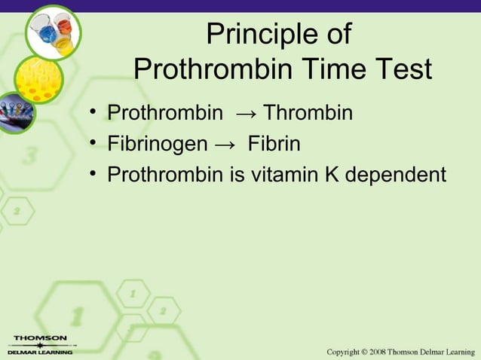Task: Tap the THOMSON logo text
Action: click(x=37, y=338)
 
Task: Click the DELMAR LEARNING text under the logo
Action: click(x=39, y=352)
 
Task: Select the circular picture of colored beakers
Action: click(x=53, y=30)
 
